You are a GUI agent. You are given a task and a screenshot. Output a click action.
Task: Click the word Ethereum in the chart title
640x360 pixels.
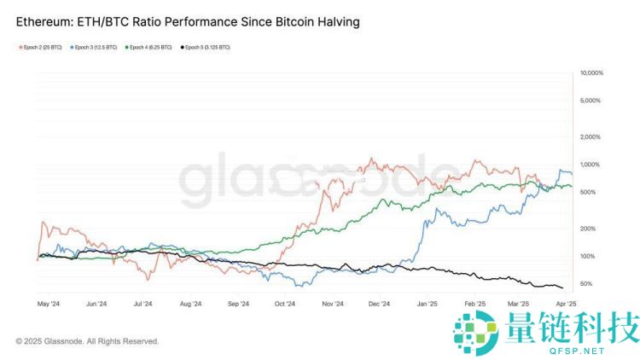(44, 20)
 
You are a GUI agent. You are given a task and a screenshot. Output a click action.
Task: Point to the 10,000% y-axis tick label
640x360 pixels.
(591, 73)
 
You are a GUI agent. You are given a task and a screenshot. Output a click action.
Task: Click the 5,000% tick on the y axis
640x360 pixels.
(591, 101)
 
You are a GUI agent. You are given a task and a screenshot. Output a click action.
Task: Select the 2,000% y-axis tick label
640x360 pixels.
(591, 136)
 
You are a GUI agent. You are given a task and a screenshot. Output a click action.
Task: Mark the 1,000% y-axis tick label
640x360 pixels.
(591, 164)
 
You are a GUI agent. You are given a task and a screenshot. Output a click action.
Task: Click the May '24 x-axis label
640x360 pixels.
(49, 304)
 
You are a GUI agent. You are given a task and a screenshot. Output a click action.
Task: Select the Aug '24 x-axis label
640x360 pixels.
(191, 304)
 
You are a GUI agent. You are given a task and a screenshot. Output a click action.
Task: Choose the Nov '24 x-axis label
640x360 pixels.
(333, 304)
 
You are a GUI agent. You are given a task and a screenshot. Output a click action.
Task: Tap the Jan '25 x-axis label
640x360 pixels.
(427, 304)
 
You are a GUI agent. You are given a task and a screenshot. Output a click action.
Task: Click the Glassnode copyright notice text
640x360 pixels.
(87, 341)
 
